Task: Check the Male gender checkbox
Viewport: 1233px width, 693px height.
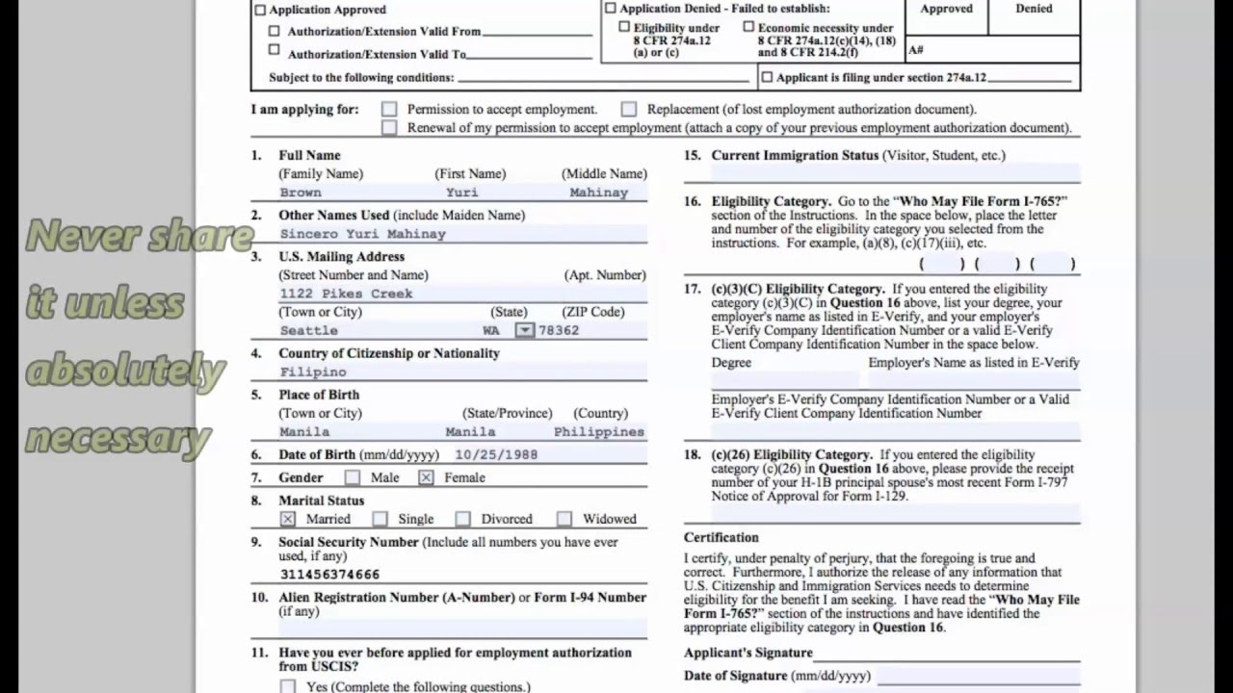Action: tap(353, 477)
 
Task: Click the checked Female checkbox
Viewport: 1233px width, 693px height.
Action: tap(426, 477)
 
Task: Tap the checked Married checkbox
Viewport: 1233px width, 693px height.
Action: tap(288, 519)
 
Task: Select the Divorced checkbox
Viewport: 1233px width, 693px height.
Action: tap(463, 519)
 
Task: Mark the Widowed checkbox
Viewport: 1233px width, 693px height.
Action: tap(564, 519)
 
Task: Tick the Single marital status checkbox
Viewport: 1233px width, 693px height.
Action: tap(380, 519)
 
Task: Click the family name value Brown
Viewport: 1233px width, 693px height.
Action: tap(301, 192)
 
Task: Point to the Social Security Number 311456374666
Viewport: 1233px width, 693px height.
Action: tap(329, 574)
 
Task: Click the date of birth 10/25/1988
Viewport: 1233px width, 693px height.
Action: tap(496, 454)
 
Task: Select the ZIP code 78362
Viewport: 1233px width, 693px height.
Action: tap(559, 330)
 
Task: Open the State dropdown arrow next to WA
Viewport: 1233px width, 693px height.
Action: tap(524, 330)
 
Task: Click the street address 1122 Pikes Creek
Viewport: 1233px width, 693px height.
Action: tap(346, 294)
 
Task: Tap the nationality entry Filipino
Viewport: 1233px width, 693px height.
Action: tap(313, 372)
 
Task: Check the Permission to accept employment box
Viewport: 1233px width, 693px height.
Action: tap(389, 110)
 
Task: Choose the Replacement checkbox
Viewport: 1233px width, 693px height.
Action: tap(629, 110)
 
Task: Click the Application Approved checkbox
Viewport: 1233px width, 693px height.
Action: tap(260, 11)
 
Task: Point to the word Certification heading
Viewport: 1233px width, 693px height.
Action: tap(721, 537)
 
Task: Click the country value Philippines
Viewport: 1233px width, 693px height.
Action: tap(598, 432)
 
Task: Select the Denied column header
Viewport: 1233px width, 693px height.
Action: tap(1034, 9)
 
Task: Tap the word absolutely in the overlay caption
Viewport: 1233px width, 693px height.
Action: tap(125, 370)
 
